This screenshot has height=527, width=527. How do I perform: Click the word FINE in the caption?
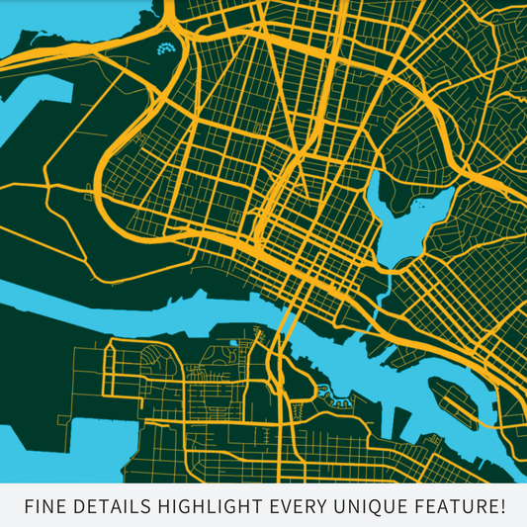click(46, 507)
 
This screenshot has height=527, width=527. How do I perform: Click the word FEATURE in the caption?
click(457, 507)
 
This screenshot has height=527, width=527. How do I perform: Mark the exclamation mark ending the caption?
click(501, 507)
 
